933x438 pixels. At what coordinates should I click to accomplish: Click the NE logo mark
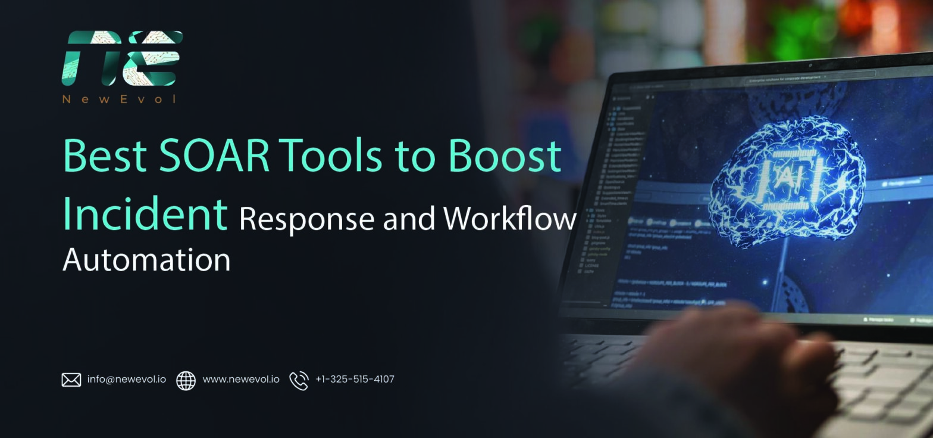[121, 58]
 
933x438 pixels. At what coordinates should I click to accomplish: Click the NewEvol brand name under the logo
[120, 99]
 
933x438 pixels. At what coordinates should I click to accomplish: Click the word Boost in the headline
[505, 155]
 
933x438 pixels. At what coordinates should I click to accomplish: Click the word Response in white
[306, 219]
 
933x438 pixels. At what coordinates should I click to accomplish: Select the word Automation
[146, 260]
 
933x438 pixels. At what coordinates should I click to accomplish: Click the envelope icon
[71, 380]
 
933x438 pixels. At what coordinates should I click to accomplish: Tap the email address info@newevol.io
[126, 379]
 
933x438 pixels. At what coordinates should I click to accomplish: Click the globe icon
[186, 380]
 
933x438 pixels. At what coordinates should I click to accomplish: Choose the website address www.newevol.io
[240, 379]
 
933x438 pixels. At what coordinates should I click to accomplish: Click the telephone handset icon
[299, 380]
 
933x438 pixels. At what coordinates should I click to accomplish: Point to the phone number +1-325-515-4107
[355, 379]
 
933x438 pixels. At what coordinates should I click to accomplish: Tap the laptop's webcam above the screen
[810, 65]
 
